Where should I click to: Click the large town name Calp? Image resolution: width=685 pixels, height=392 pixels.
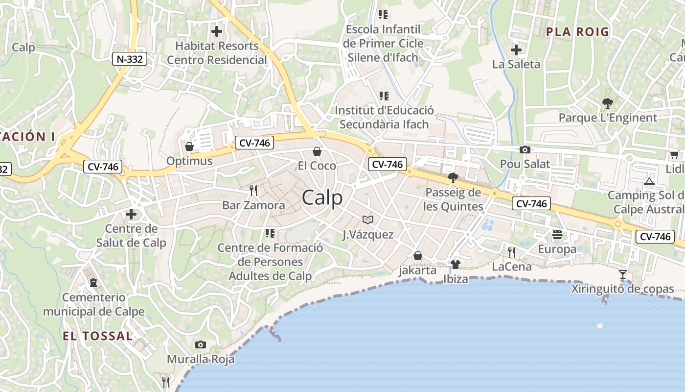tap(322, 198)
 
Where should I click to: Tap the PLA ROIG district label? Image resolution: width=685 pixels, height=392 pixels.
tap(577, 32)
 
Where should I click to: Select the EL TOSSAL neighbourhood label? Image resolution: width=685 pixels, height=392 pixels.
tap(97, 336)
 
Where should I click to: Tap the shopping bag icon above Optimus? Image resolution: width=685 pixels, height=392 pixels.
tap(189, 147)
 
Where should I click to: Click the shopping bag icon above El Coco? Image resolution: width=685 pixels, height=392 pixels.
tap(317, 151)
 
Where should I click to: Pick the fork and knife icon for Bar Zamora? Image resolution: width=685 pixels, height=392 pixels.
tap(253, 191)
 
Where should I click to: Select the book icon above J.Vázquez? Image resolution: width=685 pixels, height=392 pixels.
tap(367, 220)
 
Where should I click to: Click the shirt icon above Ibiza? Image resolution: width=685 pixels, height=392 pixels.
tap(455, 265)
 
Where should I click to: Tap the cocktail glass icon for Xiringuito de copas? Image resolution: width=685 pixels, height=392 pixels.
tap(622, 274)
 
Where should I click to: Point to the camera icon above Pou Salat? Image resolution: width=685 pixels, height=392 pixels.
tap(525, 149)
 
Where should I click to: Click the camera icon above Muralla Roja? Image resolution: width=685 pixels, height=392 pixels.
tap(200, 344)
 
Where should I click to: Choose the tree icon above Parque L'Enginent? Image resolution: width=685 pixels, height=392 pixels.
tap(607, 103)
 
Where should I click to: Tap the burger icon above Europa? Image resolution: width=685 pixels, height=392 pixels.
tap(557, 235)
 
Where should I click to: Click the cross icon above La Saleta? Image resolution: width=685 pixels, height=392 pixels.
tap(516, 49)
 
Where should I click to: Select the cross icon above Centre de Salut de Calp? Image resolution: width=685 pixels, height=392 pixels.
tap(131, 214)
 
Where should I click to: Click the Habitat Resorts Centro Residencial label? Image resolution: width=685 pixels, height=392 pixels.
tap(217, 53)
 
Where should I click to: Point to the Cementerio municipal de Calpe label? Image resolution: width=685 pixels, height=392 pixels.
tap(93, 304)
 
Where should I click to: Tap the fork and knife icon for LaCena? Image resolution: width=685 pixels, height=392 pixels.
tap(511, 252)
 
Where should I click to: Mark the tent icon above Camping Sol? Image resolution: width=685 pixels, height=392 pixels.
tap(649, 181)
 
